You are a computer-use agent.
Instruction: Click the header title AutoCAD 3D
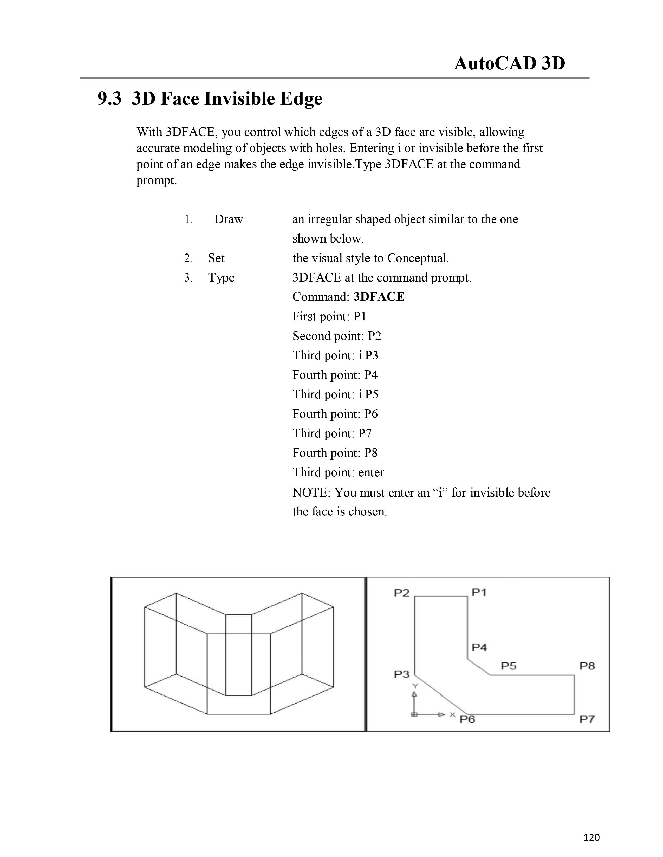pyautogui.click(x=509, y=63)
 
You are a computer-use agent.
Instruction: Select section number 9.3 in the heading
pyautogui.click(x=109, y=98)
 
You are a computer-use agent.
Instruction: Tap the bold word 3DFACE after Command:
pyautogui.click(x=379, y=297)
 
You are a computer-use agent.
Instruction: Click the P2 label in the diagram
pyautogui.click(x=401, y=593)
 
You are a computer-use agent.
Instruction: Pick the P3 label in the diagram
pyautogui.click(x=401, y=674)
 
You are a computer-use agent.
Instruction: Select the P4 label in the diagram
pyautogui.click(x=479, y=647)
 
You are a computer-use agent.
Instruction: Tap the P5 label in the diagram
pyautogui.click(x=509, y=666)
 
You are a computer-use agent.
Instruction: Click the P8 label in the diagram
pyautogui.click(x=587, y=666)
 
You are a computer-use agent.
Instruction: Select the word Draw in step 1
pyautogui.click(x=229, y=219)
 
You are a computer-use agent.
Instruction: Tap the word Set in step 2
pyautogui.click(x=216, y=258)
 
